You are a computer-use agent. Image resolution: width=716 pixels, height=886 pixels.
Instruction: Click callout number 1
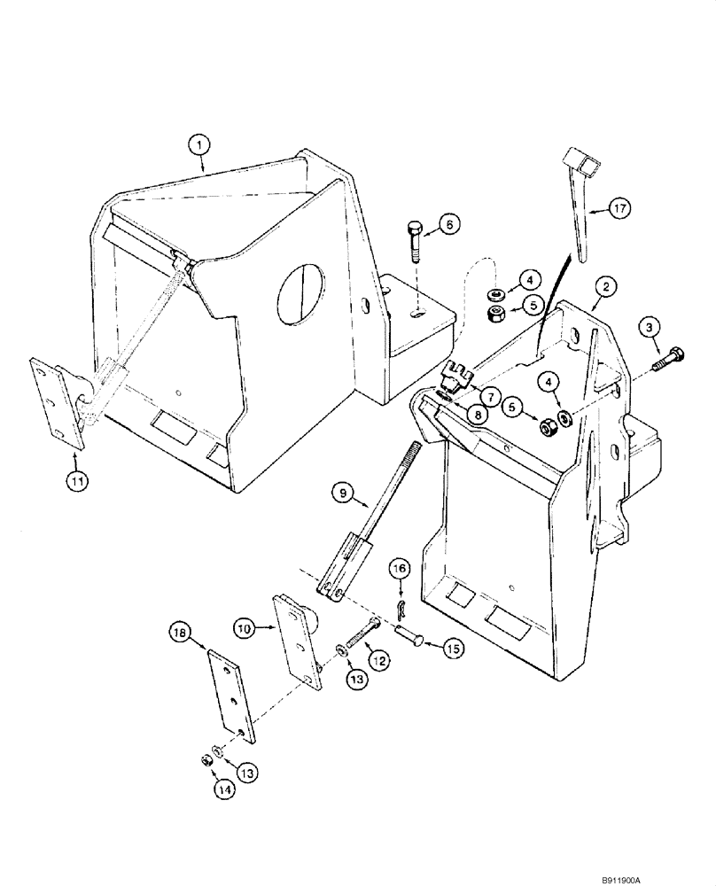click(200, 142)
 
